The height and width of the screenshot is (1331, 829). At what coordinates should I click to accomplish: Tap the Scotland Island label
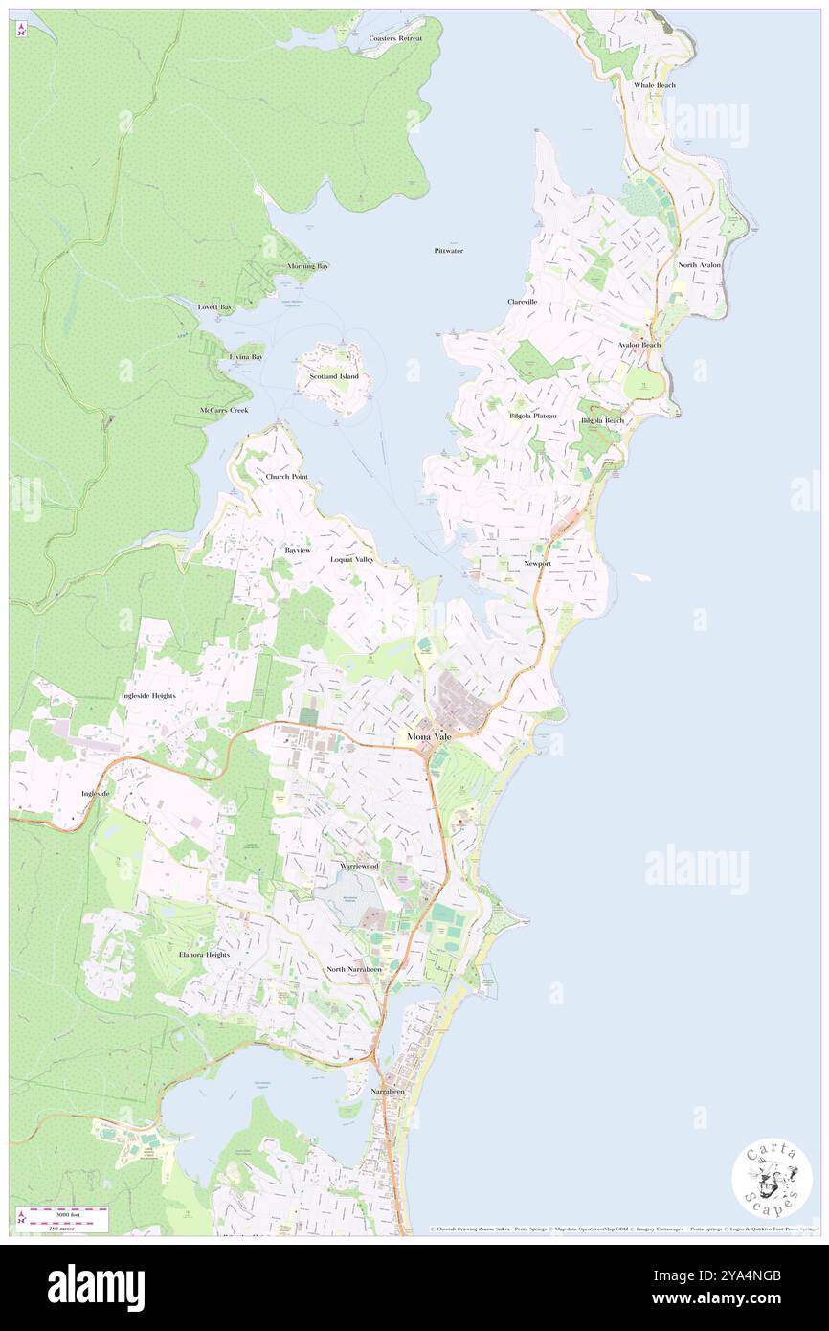click(x=334, y=376)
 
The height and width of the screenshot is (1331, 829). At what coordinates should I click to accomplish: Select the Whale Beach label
click(x=655, y=85)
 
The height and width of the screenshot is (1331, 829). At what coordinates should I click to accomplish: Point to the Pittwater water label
click(x=448, y=250)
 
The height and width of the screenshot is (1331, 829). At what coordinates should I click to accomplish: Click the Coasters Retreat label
click(x=395, y=38)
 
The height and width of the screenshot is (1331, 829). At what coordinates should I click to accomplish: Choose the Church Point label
click(x=287, y=476)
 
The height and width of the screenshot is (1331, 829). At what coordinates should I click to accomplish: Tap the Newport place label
click(x=537, y=564)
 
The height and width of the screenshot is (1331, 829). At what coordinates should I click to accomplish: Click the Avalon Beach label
click(x=639, y=344)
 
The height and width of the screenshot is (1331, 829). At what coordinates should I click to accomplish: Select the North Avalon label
click(x=700, y=264)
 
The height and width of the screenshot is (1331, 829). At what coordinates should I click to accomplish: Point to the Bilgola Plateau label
click(x=533, y=417)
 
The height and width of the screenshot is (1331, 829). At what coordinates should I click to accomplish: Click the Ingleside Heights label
click(x=148, y=695)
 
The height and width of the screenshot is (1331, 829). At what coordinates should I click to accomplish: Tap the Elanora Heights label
click(x=204, y=955)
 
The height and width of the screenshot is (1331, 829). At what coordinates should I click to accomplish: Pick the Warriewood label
click(x=360, y=866)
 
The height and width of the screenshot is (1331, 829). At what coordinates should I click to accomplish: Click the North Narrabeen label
click(x=354, y=969)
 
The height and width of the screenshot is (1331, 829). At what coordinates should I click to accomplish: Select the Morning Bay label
click(x=308, y=266)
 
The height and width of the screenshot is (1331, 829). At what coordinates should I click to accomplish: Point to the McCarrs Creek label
click(x=224, y=410)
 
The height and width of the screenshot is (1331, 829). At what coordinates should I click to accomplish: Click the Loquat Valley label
click(x=352, y=558)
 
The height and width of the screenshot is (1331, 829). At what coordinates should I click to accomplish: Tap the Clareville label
click(x=523, y=301)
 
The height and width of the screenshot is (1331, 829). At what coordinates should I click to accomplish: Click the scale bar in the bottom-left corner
click(x=63, y=1218)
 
